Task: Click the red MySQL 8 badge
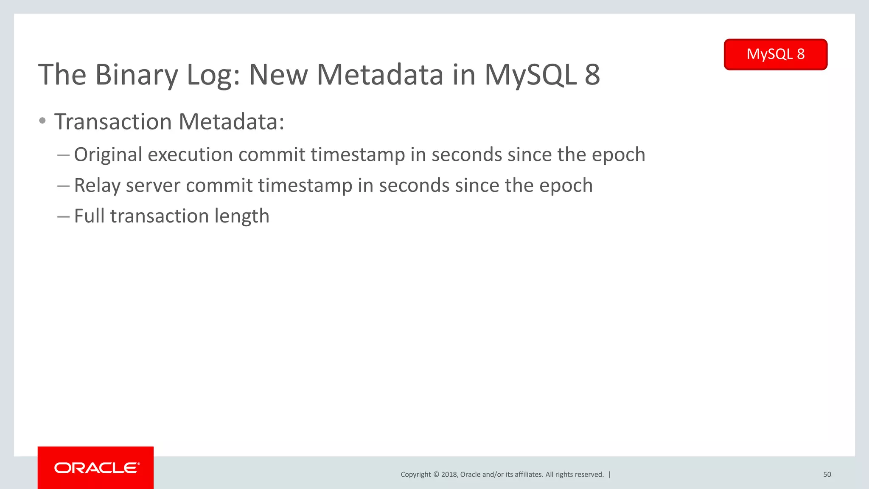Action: [x=775, y=54]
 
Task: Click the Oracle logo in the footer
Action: [x=96, y=468]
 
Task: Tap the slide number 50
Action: [x=827, y=475]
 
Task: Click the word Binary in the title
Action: [x=136, y=76]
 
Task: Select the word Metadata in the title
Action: [x=380, y=75]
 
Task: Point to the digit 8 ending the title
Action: [x=592, y=75]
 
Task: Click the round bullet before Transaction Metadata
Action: [x=42, y=121]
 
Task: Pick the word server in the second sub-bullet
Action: [x=153, y=186]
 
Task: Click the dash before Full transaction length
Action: [x=63, y=217]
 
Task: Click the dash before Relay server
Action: [x=63, y=186]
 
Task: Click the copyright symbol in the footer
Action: [x=436, y=475]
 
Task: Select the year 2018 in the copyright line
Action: [x=449, y=475]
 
